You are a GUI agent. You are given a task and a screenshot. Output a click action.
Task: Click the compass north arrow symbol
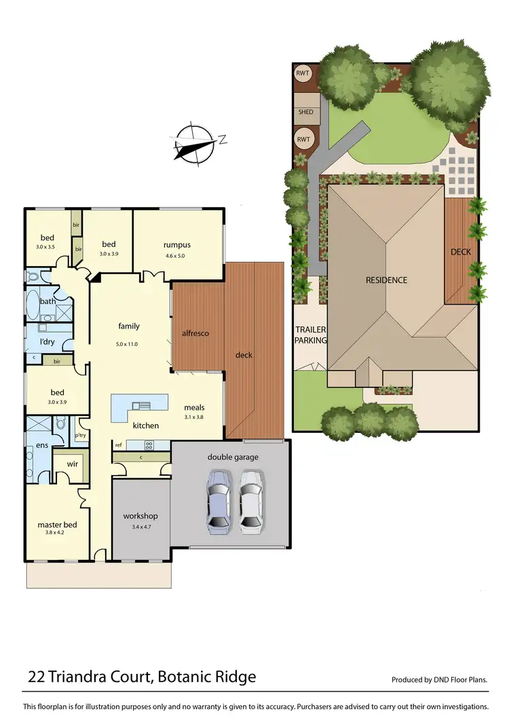click(x=195, y=145)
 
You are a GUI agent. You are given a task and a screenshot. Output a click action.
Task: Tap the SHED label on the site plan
click(x=305, y=113)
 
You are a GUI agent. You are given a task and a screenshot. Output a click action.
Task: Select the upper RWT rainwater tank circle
click(x=303, y=73)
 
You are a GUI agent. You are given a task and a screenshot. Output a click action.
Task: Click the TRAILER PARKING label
click(x=311, y=335)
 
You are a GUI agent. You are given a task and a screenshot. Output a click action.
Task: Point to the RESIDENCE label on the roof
click(x=386, y=280)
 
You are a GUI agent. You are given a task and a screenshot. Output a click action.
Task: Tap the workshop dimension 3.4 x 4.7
click(x=140, y=527)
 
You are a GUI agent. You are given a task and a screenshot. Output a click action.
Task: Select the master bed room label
click(x=57, y=525)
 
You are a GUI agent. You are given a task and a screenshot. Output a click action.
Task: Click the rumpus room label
click(x=176, y=245)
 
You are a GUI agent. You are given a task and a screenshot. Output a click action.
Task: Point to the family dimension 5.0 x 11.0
click(x=128, y=344)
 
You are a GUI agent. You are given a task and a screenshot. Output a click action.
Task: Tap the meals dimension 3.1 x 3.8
click(x=194, y=417)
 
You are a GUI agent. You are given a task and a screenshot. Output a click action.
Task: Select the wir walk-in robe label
click(x=72, y=464)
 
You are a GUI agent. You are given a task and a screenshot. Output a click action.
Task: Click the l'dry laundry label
click(x=48, y=341)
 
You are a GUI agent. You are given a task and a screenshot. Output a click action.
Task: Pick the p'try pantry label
click(x=80, y=435)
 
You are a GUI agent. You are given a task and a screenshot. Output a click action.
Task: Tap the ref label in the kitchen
click(x=118, y=445)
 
